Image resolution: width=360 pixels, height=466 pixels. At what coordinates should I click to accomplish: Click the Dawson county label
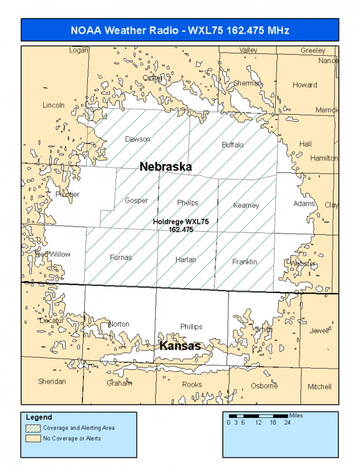point(137,139)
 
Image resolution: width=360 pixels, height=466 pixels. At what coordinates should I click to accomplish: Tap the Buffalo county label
point(233,145)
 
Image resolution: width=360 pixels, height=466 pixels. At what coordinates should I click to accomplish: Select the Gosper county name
point(136,201)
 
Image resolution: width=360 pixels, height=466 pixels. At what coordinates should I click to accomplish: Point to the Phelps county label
point(188,203)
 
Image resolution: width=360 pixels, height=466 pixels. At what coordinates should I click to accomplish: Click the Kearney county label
point(246,206)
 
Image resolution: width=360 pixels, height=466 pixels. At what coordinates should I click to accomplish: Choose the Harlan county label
point(185,260)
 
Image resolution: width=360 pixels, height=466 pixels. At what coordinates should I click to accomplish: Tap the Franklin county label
point(245,262)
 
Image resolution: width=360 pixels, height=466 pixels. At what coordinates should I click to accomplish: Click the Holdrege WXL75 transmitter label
point(180,226)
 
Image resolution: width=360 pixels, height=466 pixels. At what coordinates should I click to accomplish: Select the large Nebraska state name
point(165,167)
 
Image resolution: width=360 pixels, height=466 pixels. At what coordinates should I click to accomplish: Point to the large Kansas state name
point(179,346)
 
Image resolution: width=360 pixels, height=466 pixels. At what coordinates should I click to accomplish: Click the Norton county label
point(119,324)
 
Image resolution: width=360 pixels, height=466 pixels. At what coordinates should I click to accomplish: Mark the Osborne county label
point(264,386)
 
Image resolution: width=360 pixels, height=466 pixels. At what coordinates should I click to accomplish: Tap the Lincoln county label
point(53,105)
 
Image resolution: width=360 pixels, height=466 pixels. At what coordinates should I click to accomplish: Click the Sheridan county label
point(52,381)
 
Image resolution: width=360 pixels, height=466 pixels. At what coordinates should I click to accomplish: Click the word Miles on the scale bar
point(296,414)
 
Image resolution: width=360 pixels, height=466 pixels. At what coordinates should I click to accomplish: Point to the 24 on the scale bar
point(287,422)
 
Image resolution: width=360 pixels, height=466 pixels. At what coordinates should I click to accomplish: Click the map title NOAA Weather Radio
point(180,30)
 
